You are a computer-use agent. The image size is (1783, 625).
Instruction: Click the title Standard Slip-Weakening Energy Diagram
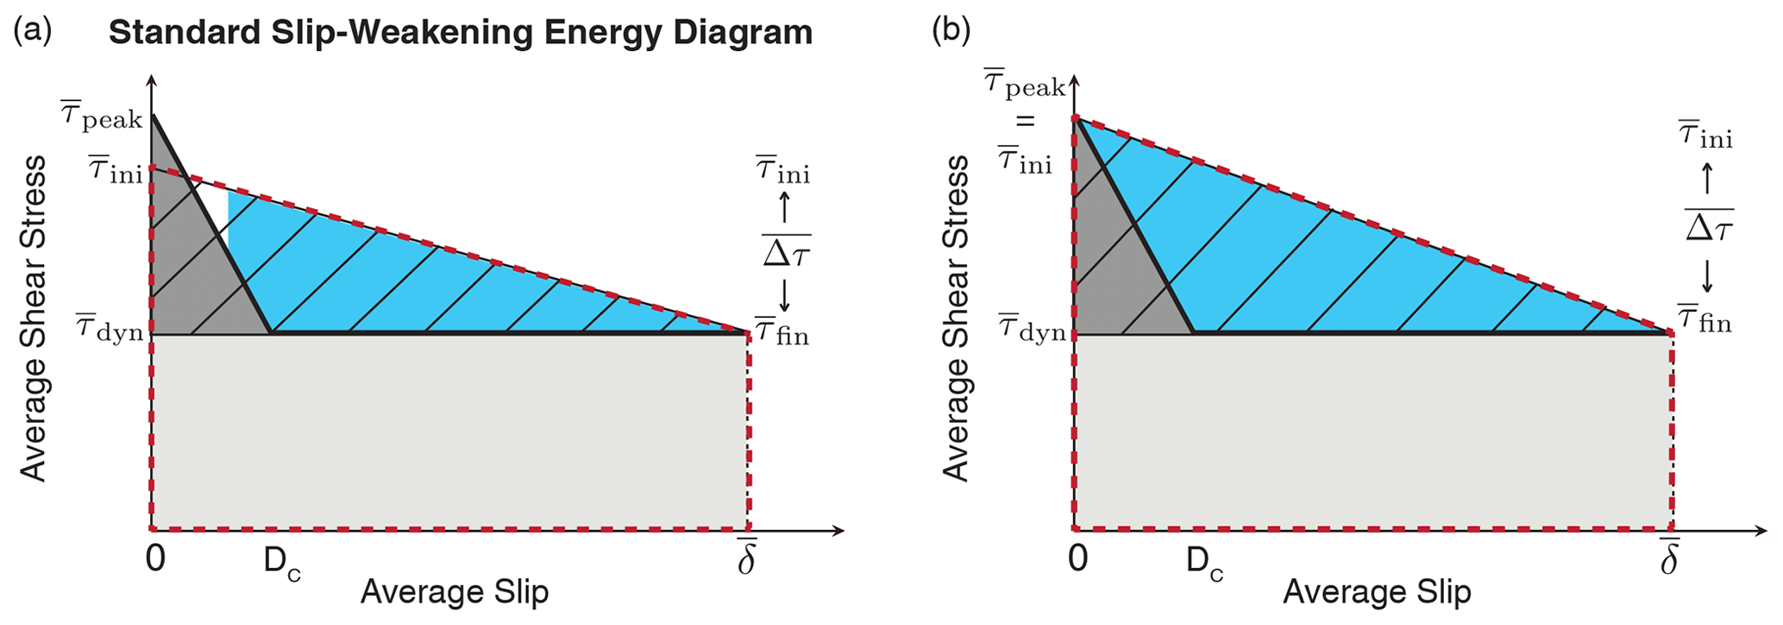coord(461,33)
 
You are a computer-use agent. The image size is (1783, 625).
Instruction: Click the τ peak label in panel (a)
coord(101,116)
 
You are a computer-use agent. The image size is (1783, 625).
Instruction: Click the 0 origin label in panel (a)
coord(155,559)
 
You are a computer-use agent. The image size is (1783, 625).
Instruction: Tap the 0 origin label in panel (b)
coord(1078,559)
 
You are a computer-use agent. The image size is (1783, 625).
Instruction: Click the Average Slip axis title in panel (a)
coord(455,592)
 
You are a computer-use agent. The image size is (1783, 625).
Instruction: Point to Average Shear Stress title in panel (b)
coord(956,318)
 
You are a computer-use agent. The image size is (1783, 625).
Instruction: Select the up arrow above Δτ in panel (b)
coord(1706,179)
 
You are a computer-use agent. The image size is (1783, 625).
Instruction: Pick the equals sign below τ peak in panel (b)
coord(1024,122)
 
